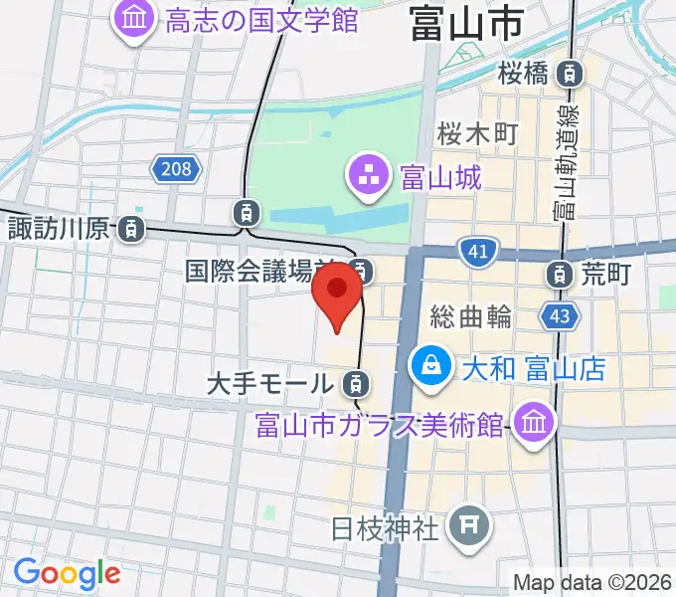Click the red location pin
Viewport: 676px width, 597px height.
click(x=337, y=293)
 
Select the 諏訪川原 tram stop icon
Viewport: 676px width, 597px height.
click(x=130, y=229)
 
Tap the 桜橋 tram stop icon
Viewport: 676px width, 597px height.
click(x=570, y=72)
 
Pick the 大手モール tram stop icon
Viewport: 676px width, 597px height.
click(x=354, y=381)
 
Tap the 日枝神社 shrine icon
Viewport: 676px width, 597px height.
click(x=466, y=524)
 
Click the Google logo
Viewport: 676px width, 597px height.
click(x=67, y=573)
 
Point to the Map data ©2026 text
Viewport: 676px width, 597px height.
click(x=592, y=582)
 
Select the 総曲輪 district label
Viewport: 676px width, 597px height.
click(x=471, y=317)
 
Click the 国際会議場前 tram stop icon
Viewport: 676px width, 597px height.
click(x=364, y=270)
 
